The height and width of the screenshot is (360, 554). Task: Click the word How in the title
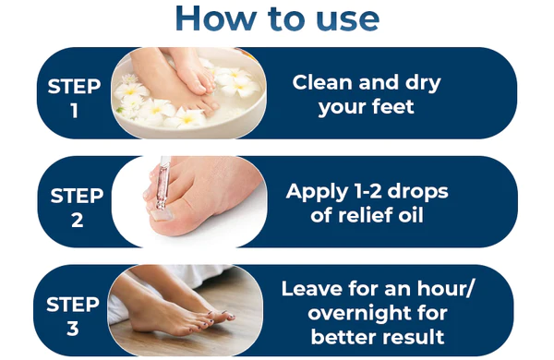coord(215,18)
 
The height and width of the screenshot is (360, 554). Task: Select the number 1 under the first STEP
coord(74,111)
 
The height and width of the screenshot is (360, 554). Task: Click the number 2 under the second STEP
coord(77,220)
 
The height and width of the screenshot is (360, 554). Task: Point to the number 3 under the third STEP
coord(73,329)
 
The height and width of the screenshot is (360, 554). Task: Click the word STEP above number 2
coord(77,196)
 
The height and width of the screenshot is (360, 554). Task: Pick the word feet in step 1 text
coord(393,106)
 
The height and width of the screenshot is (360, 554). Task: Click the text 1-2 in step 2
coord(367,191)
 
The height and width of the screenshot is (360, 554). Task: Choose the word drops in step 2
coord(417,193)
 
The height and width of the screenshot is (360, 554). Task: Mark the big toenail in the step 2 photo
coord(162,214)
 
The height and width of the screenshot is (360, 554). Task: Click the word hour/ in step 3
coord(445,289)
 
